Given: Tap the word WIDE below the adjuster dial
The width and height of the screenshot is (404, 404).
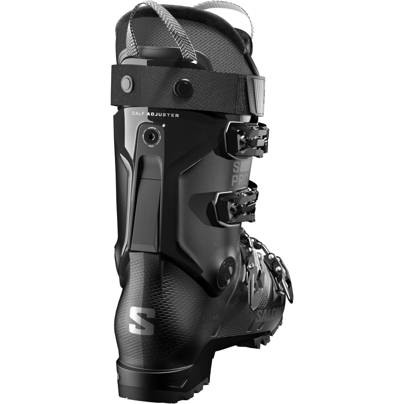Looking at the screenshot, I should coord(151,146).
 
